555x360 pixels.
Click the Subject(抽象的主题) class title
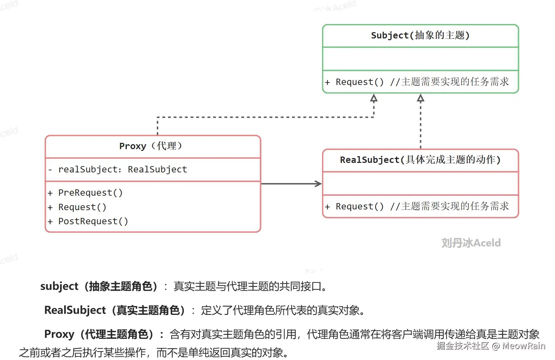(420, 35)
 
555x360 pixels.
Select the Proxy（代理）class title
(151, 146)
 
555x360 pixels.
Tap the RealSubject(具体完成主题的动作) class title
(420, 160)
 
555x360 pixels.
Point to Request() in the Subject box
(359, 82)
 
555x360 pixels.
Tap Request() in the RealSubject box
(359, 206)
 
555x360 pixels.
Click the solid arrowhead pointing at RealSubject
(319, 184)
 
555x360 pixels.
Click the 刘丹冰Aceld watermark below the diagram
(471, 243)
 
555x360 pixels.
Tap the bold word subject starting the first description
(59, 287)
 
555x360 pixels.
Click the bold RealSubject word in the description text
(75, 310)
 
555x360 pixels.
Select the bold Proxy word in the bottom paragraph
(59, 334)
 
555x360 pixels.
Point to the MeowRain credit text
(524, 346)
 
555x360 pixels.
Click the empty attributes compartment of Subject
(420, 59)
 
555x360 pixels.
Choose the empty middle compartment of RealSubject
(420, 183)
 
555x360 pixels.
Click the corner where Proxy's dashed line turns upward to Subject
(374, 117)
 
